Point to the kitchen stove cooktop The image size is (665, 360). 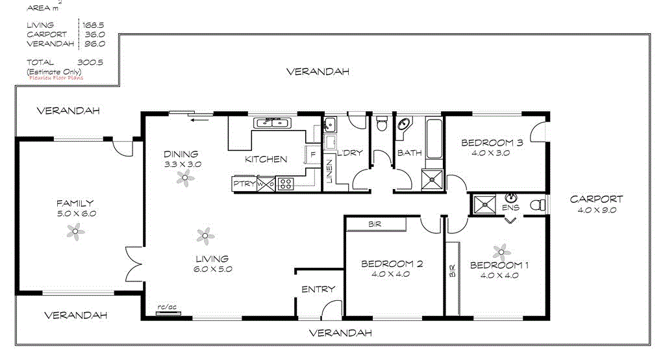pos(284,184)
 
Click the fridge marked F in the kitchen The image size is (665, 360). pos(312,155)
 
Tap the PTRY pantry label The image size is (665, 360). pos(244,185)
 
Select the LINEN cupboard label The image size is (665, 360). pos(329,170)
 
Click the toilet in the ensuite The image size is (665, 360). pos(537,205)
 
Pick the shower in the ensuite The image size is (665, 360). pos(481,204)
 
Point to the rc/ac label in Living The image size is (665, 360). pos(167,307)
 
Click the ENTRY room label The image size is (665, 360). pos(318,289)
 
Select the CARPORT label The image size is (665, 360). pos(596,199)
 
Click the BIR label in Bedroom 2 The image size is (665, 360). pos(375,224)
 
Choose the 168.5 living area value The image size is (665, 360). pos(94,25)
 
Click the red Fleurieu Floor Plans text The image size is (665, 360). pos(56,77)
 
